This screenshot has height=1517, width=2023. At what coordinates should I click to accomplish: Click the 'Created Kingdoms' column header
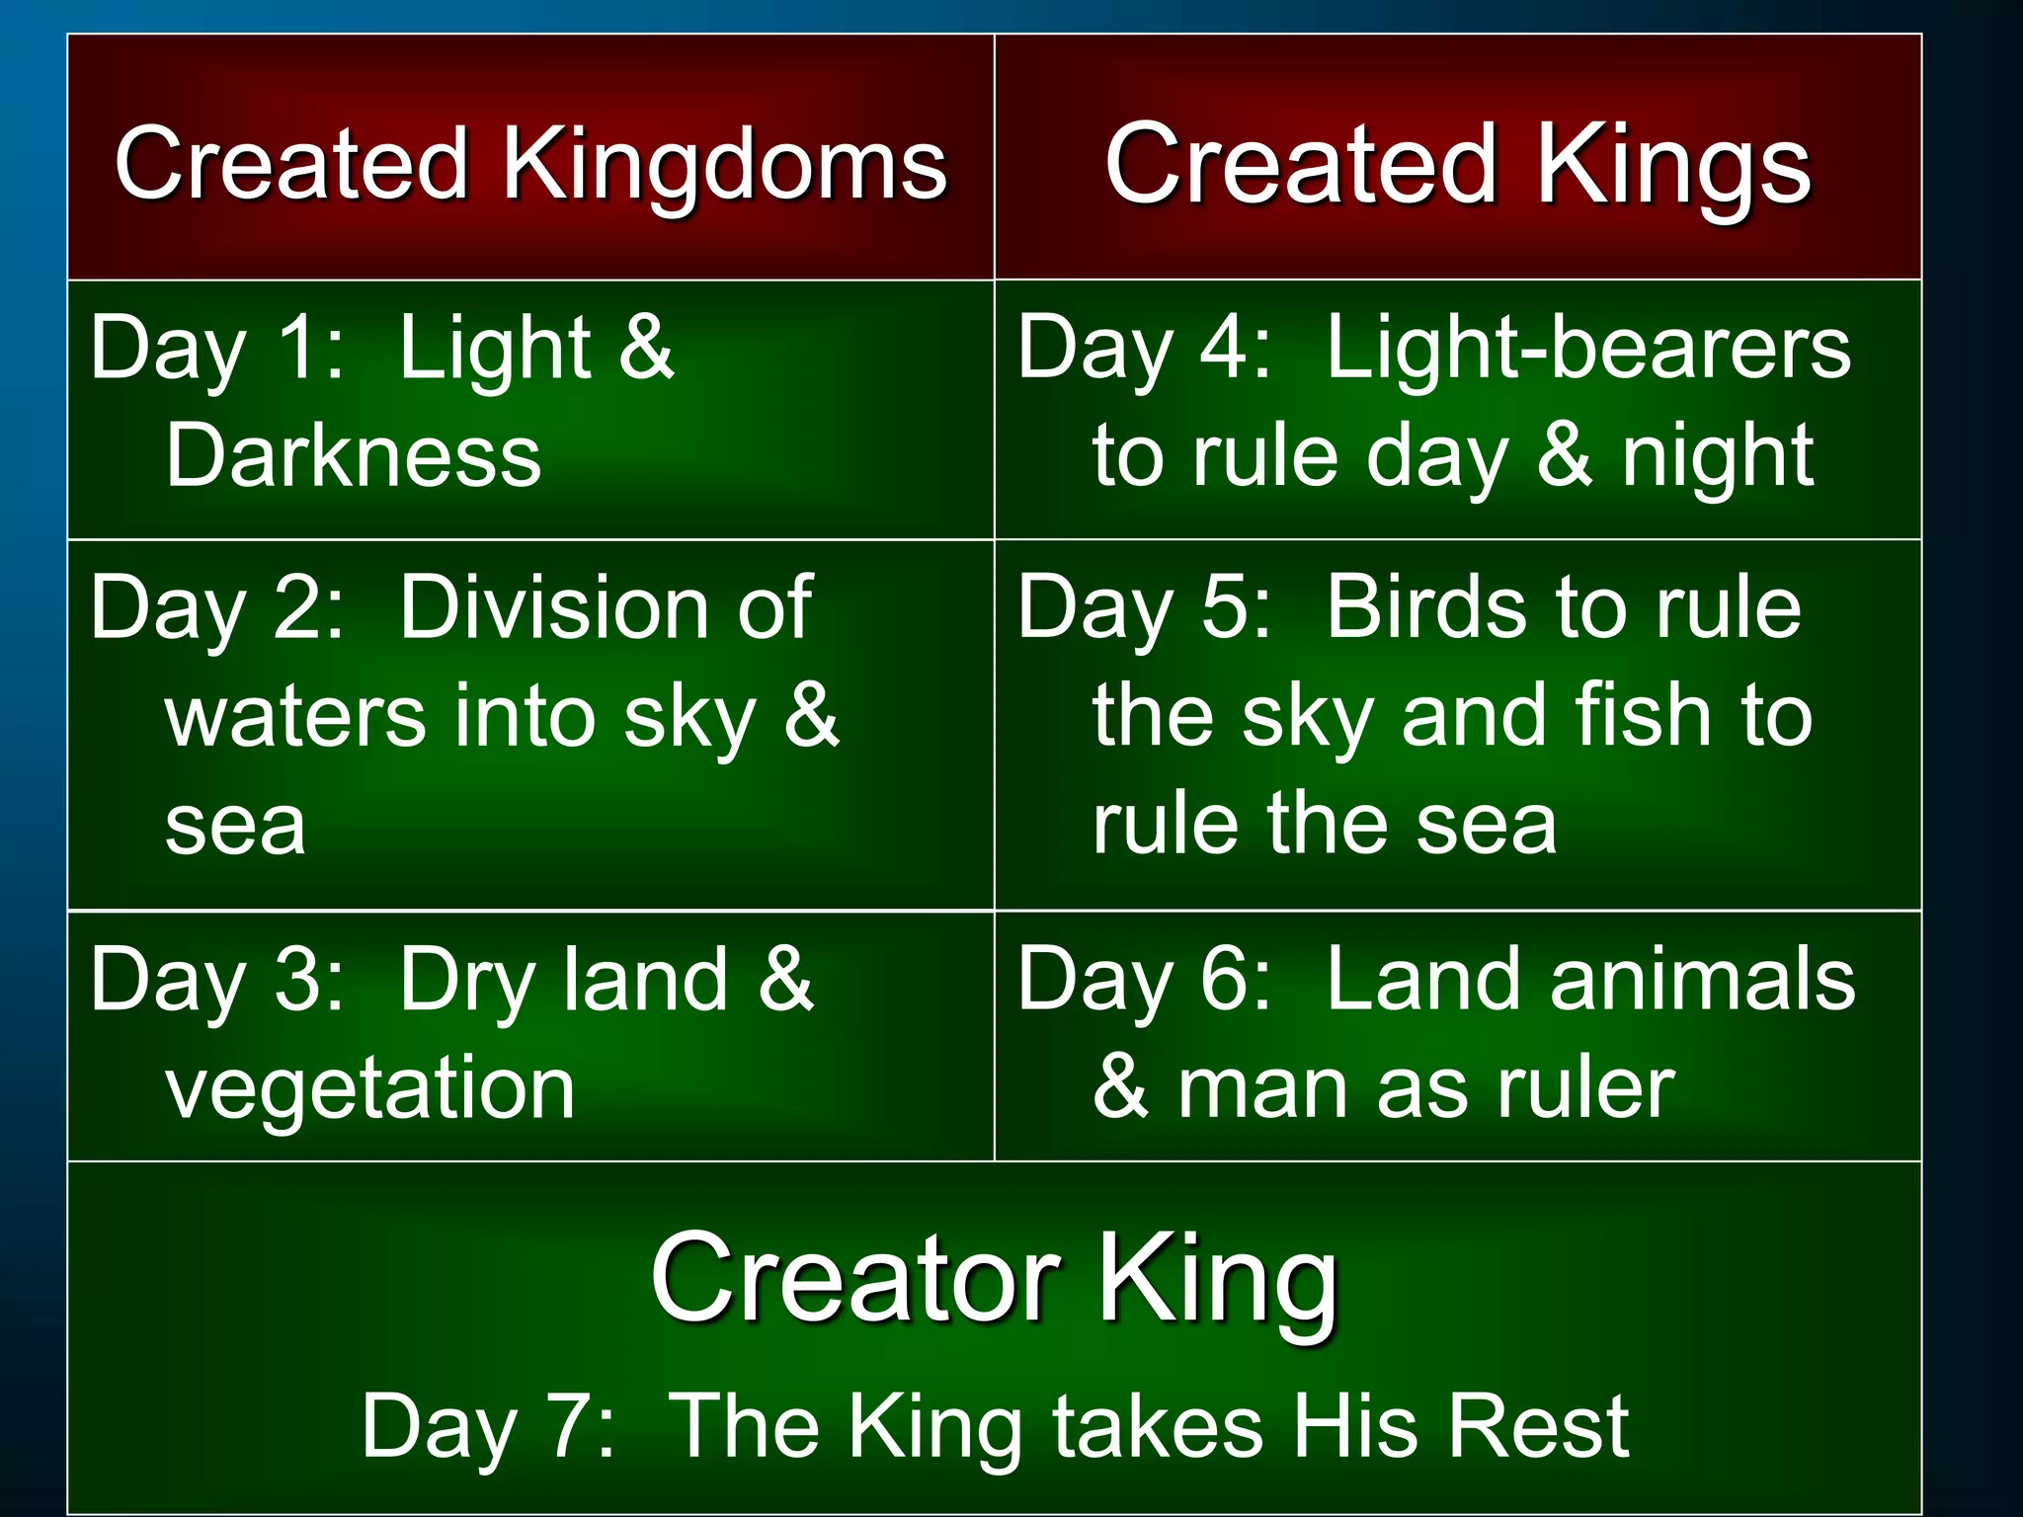530,165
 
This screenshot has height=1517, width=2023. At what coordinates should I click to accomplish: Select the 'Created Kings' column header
1457,165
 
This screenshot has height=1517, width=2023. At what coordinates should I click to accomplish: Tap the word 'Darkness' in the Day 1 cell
354,456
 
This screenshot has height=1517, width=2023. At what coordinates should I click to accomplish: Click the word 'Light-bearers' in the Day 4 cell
1587,348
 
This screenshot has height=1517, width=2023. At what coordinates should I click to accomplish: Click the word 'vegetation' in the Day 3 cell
369,1088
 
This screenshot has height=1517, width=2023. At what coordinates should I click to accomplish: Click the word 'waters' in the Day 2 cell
295,717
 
